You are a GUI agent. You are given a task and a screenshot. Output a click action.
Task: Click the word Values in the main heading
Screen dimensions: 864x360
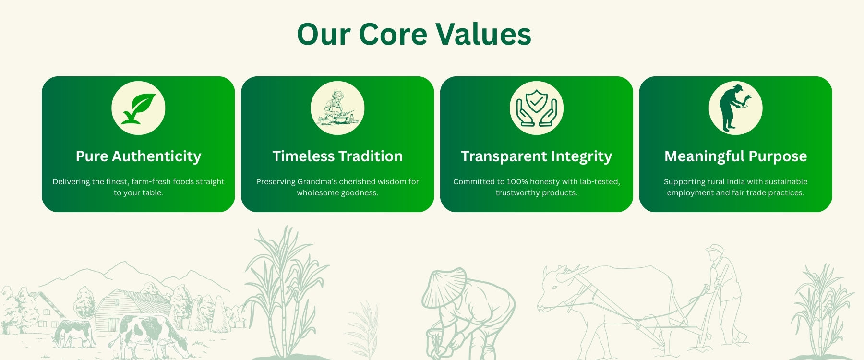pos(483,34)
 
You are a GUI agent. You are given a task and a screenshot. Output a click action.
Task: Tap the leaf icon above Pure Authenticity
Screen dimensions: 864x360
pos(138,108)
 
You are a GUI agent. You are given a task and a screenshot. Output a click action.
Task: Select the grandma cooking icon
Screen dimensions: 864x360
pos(337,108)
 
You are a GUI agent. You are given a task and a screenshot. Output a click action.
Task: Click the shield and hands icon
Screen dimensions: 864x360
pos(536,108)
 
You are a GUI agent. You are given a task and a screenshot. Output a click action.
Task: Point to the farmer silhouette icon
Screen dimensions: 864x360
pos(734,108)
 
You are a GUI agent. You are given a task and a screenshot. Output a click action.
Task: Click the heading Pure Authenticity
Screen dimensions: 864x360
pos(138,156)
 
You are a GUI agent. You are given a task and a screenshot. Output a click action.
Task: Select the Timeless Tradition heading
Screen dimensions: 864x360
pos(337,156)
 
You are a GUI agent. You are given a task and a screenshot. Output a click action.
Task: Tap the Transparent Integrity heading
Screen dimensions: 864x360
pos(537,156)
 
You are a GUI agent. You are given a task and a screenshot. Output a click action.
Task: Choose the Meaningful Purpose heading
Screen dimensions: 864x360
pos(735,156)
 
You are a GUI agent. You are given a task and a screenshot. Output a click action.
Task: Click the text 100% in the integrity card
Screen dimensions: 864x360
pos(517,181)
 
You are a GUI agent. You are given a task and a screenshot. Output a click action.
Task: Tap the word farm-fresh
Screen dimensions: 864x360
pos(151,181)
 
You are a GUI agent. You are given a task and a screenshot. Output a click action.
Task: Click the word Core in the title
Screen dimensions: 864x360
pos(393,34)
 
